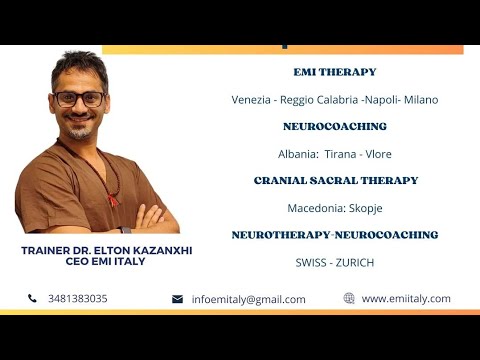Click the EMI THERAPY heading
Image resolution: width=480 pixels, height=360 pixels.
point(334,72)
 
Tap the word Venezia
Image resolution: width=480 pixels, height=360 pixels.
point(251,100)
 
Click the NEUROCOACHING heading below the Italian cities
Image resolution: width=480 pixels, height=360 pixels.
point(334,127)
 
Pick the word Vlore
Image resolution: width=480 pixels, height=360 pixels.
point(377,154)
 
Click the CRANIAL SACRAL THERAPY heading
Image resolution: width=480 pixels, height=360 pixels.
point(335,181)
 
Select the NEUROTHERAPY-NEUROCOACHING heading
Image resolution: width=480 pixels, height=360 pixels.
point(334,235)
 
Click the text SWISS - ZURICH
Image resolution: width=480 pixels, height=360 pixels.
point(334,262)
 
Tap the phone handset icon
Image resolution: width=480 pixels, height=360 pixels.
point(32,298)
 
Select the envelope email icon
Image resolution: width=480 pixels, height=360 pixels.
point(177,299)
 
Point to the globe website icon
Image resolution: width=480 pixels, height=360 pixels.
point(349,298)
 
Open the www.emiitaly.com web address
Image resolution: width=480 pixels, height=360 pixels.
point(406,298)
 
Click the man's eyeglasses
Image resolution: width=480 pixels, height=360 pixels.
point(79,98)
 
